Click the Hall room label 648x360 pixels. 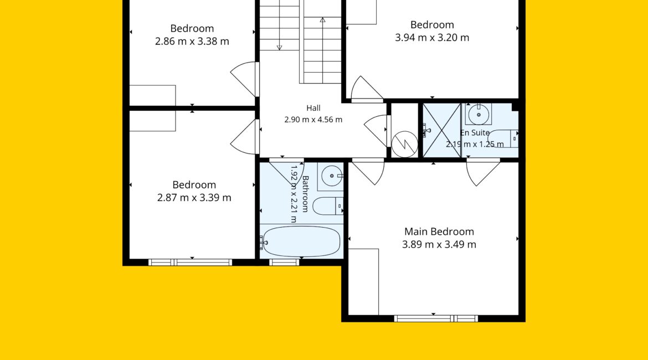pyautogui.click(x=313, y=109)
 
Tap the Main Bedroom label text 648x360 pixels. pyautogui.click(x=439, y=232)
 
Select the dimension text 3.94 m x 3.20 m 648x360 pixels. pyautogui.click(x=432, y=38)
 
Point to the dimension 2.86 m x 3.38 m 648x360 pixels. pyautogui.click(x=192, y=42)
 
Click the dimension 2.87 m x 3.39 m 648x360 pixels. pyautogui.click(x=194, y=198)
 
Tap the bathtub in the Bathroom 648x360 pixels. pyautogui.click(x=302, y=241)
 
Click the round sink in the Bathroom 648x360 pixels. pyautogui.click(x=331, y=176)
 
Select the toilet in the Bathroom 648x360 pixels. pyautogui.click(x=328, y=206)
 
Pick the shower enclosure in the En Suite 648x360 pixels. pyautogui.click(x=442, y=130)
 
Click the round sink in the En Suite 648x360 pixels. pyautogui.click(x=479, y=114)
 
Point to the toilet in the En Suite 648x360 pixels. pyautogui.click(x=503, y=138)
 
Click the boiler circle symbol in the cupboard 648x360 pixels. pyautogui.click(x=405, y=144)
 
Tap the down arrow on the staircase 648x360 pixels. pyautogui.click(x=279, y=25)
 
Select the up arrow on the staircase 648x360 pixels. pyautogui.click(x=322, y=50)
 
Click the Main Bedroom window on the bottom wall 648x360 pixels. pyautogui.click(x=436, y=318)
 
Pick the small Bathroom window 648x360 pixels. pyautogui.click(x=284, y=262)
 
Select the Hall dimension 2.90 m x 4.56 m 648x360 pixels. pyautogui.click(x=313, y=120)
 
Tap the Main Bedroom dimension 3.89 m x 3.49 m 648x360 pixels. pyautogui.click(x=439, y=244)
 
